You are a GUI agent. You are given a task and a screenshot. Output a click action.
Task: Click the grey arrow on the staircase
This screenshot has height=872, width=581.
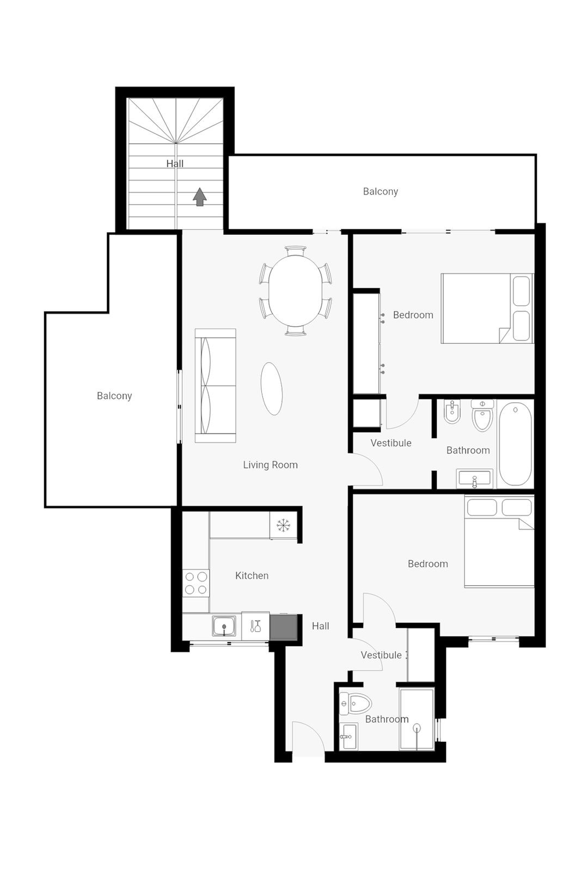coord(200,197)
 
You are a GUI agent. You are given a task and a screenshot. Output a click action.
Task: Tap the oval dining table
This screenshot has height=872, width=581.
coord(295,290)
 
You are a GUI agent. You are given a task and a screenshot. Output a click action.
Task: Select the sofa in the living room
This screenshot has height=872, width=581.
coord(216,385)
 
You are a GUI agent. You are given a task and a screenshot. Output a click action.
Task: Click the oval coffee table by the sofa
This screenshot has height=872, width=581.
coord(272,389)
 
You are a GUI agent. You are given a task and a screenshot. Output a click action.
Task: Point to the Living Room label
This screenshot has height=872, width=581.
coord(270,465)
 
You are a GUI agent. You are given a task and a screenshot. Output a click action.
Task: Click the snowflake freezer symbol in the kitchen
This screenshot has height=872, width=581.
coord(283,525)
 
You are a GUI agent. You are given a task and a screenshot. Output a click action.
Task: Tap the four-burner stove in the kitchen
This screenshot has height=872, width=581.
coord(196,583)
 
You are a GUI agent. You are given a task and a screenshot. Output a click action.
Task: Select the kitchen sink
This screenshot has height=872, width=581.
coord(224,626)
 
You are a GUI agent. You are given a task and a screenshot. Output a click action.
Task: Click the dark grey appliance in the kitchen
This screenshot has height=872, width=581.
coord(284,627)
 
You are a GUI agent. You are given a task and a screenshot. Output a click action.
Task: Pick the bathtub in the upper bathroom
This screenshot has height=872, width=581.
coord(515,444)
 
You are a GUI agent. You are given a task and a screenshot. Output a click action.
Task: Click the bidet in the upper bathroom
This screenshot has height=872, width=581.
coord(452,411)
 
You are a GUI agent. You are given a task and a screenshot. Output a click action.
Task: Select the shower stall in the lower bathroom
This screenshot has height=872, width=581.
coord(417,719)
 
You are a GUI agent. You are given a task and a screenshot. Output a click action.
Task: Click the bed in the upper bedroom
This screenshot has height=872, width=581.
coord(487,308)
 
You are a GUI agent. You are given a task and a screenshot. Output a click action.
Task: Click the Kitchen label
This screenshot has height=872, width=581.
coord(252,576)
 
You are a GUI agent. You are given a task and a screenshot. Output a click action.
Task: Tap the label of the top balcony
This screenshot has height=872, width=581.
coord(380,191)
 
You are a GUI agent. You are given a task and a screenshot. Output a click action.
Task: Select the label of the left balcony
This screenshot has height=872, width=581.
coord(114,396)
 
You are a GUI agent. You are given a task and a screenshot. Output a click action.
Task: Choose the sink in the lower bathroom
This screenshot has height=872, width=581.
coord(348,737)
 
